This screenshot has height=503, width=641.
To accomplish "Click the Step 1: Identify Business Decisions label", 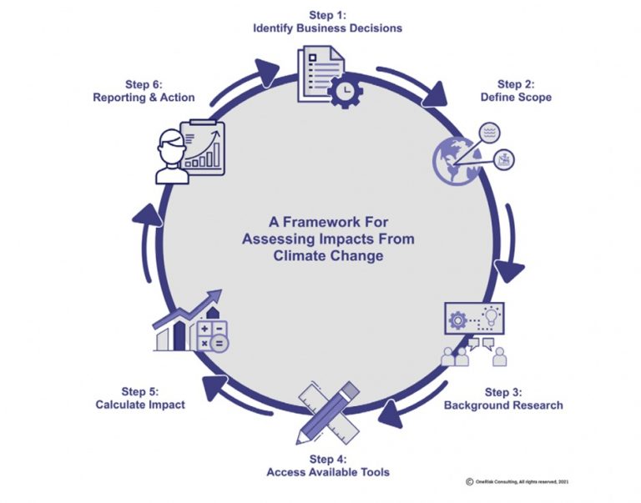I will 328,22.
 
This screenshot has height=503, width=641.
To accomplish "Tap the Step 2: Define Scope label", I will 516,91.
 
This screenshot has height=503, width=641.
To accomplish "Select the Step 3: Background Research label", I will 502,399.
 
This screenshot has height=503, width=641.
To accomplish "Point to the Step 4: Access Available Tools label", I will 328,465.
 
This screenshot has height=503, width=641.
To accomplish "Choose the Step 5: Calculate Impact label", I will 140,398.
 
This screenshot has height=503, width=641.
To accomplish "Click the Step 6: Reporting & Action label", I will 144,91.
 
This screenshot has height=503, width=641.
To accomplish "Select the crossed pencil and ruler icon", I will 327,411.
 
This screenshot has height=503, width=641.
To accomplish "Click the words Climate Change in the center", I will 328,255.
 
